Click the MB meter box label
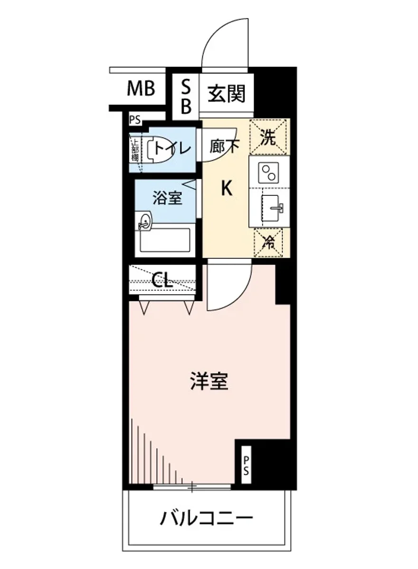pos(141,88)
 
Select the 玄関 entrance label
pos(227,93)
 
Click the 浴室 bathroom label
pos(167,198)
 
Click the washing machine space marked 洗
pos(268,138)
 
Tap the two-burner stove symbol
pos(268,173)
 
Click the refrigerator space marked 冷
pos(268,242)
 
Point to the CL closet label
pos(162,281)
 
